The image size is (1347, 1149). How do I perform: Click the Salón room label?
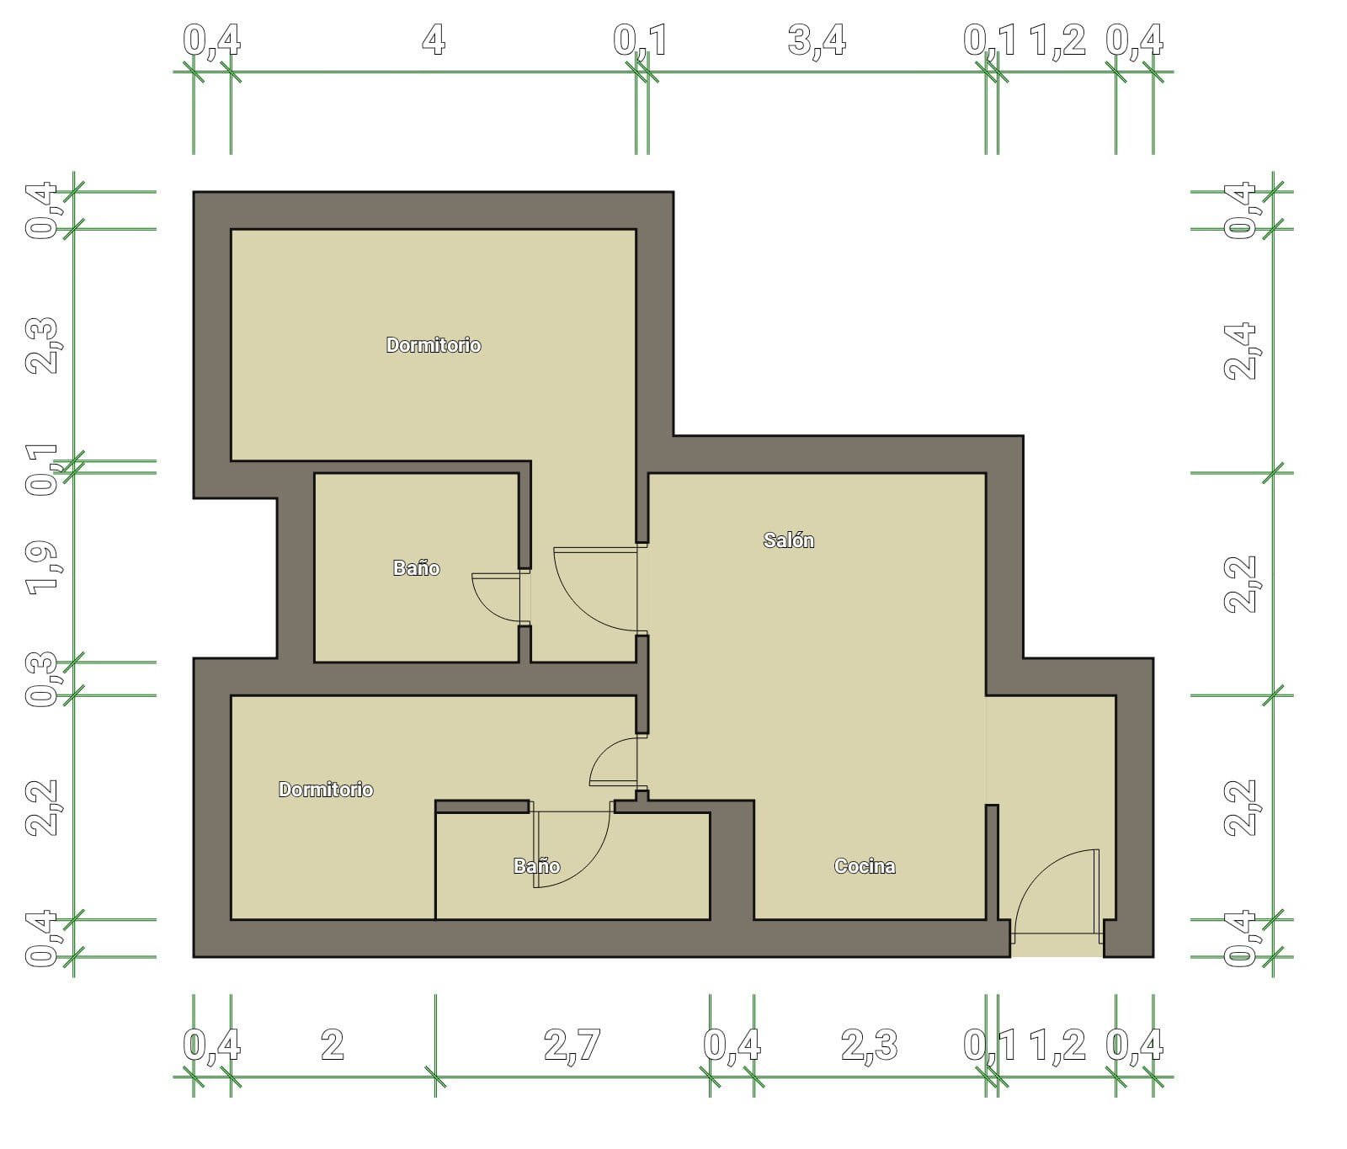789,540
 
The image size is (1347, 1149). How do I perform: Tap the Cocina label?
865,866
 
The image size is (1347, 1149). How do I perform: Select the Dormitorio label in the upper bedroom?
434,345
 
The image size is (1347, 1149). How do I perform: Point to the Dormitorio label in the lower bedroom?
326,790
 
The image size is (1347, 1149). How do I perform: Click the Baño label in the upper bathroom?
417,568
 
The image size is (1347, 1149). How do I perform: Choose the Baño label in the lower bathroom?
537,866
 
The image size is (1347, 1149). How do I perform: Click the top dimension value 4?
433,39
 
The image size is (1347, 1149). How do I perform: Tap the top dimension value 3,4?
817,40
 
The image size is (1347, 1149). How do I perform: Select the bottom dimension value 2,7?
572,1045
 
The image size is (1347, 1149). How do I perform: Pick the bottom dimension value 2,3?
870,1045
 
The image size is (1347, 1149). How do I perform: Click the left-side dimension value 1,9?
42,567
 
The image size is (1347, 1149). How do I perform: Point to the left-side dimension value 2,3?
42,345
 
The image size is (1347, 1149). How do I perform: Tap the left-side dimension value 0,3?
42,678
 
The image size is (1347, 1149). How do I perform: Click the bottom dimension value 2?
333,1045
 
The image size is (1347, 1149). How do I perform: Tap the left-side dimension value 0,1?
42,468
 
